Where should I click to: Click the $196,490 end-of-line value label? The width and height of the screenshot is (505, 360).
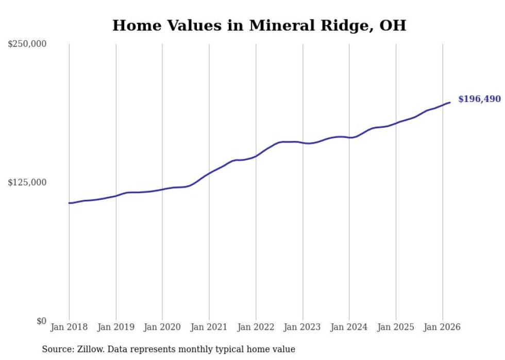[479, 99]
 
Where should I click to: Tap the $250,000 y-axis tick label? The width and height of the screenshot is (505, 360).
[27, 44]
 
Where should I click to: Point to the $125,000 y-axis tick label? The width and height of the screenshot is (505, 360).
[27, 182]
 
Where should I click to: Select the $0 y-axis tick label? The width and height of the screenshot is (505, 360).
[41, 321]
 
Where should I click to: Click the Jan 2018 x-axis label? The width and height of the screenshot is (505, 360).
[69, 327]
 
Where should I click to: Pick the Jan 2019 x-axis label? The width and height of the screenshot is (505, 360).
[116, 327]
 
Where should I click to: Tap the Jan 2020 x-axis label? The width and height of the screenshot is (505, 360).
[162, 327]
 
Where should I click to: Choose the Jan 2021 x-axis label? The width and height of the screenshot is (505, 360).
[209, 327]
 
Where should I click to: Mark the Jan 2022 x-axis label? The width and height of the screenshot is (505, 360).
[256, 327]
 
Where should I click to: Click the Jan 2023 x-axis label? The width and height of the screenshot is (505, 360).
[302, 327]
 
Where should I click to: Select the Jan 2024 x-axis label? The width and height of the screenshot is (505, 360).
[349, 327]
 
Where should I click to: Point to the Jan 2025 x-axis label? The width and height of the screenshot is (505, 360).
[396, 327]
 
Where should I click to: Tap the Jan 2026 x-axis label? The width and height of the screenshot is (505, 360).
[442, 327]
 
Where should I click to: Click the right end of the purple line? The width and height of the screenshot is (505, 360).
[450, 102]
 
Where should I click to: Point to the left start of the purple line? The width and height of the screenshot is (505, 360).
[69, 203]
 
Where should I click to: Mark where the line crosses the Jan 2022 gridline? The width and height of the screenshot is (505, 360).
[256, 156]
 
